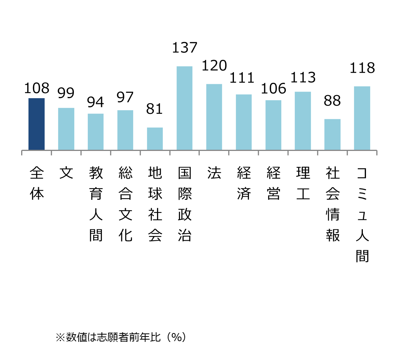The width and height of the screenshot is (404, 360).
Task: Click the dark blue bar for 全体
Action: tap(37, 124)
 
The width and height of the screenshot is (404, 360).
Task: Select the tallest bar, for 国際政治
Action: tap(184, 108)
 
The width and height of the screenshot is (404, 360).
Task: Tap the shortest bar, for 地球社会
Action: tap(155, 139)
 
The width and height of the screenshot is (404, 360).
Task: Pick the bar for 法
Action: tap(214, 117)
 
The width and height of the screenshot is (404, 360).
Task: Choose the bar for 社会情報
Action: tap(332, 134)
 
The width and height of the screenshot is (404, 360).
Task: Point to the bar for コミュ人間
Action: tap(362, 118)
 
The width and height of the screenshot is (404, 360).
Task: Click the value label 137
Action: tap(184, 48)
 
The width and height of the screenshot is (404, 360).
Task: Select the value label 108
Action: tap(37, 89)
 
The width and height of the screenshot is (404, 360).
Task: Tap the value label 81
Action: tap(155, 109)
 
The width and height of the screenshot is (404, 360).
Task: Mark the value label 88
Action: tap(332, 101)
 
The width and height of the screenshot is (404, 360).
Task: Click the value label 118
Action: tap(362, 68)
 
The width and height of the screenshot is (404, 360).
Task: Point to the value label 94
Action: tap(95, 102)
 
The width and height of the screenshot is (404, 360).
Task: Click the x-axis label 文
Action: tap(66, 173)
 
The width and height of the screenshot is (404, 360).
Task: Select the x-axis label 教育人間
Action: tap(95, 204)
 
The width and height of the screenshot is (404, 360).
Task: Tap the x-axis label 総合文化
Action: tap(125, 204)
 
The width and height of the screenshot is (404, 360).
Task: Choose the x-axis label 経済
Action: tap(244, 183)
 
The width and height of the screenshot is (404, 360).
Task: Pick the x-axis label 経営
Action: tap(274, 183)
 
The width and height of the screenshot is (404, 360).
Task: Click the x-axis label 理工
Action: tap(303, 183)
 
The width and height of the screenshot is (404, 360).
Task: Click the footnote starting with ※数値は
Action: tap(121, 337)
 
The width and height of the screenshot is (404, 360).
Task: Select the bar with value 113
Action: tap(303, 121)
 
